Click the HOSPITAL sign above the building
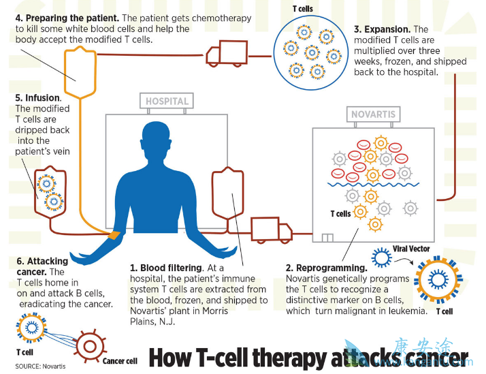[166, 102]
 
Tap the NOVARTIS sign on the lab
[372, 114]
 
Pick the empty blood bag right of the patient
[228, 195]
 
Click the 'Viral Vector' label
[411, 249]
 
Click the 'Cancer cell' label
[120, 360]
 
